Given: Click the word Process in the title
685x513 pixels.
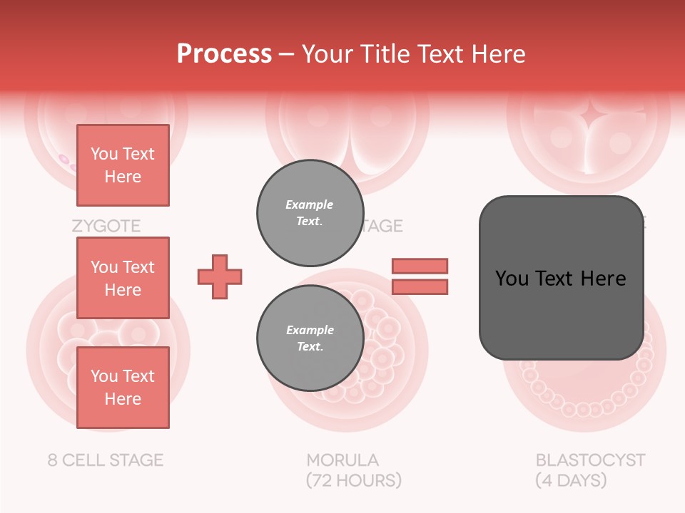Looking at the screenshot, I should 224,54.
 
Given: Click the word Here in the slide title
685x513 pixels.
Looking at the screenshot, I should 497,54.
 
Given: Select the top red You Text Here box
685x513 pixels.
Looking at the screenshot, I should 123,165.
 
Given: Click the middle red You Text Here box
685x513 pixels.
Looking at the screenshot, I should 123,278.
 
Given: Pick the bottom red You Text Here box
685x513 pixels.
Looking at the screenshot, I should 123,388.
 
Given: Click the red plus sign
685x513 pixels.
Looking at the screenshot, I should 220,276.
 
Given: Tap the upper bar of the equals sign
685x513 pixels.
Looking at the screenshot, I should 420,266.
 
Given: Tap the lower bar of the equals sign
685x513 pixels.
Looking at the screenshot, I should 420,286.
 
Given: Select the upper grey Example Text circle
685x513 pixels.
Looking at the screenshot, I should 310,212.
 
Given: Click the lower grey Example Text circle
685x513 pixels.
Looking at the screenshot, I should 310,338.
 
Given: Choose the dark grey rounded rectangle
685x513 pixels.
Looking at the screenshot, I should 561,278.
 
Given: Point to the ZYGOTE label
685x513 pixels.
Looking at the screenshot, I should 106,227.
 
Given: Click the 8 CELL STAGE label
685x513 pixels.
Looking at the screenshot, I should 106,460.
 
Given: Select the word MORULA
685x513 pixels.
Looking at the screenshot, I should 342,460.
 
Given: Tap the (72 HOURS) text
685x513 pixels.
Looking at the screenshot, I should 354,480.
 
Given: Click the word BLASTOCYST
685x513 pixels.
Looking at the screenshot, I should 590,460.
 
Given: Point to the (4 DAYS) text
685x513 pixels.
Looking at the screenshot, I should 571,480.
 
